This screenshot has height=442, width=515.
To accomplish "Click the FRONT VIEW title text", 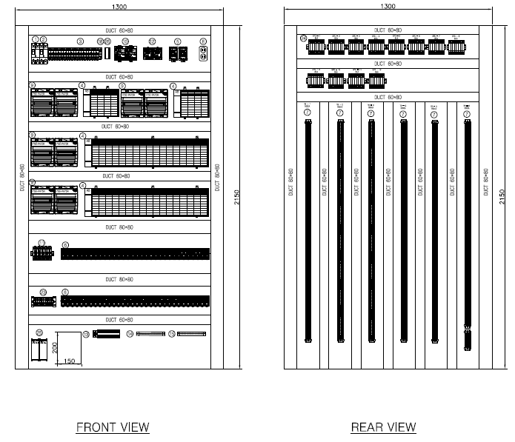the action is (x=113, y=427).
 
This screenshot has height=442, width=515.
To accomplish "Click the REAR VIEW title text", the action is (x=383, y=427).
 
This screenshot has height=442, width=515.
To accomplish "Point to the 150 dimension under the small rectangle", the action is (x=69, y=361).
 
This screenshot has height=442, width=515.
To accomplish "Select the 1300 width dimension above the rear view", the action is (x=387, y=6).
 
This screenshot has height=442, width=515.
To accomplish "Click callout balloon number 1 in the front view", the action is (x=35, y=40).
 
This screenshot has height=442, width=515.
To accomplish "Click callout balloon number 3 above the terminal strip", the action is (x=81, y=41).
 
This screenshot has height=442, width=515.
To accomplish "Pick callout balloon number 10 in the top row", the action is (x=125, y=41).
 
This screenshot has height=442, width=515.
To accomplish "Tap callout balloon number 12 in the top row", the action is (x=152, y=41).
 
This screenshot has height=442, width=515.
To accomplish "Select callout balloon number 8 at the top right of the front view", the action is (x=203, y=41).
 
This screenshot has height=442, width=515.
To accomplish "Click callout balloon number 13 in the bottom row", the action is (x=86, y=335).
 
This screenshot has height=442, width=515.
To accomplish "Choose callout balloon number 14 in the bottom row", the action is (x=130, y=335).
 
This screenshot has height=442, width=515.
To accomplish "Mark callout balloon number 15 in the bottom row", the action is (x=171, y=335).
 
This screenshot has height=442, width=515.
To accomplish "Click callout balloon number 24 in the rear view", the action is (x=303, y=38).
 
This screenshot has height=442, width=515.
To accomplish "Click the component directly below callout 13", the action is (x=104, y=335).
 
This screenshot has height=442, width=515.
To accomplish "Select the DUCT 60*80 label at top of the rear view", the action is (x=388, y=30).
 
